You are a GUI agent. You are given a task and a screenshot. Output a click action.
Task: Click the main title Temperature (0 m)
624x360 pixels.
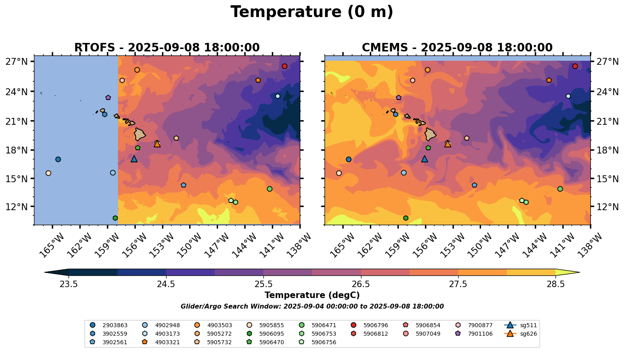tap(312, 12)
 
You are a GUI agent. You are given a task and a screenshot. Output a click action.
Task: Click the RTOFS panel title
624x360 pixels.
tap(167, 47)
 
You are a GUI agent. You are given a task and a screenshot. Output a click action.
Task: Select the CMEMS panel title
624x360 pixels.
tap(457, 47)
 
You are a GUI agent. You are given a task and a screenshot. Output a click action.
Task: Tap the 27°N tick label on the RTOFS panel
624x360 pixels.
tap(17, 62)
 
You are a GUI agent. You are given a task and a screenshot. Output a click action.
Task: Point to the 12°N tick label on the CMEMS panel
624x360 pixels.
tap(608, 207)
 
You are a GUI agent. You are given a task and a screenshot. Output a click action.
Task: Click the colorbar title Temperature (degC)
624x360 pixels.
tap(312, 295)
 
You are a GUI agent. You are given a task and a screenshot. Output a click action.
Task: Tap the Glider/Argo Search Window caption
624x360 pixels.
tap(312, 307)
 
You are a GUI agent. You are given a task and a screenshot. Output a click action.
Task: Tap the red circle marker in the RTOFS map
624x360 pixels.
tap(284, 66)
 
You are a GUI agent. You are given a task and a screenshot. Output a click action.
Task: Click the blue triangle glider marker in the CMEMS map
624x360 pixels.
tap(425, 159)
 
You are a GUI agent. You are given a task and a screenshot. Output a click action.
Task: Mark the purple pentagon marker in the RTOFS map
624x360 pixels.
tap(108, 98)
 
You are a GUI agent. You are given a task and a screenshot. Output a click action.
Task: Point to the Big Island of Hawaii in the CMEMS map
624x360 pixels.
tap(431, 134)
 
